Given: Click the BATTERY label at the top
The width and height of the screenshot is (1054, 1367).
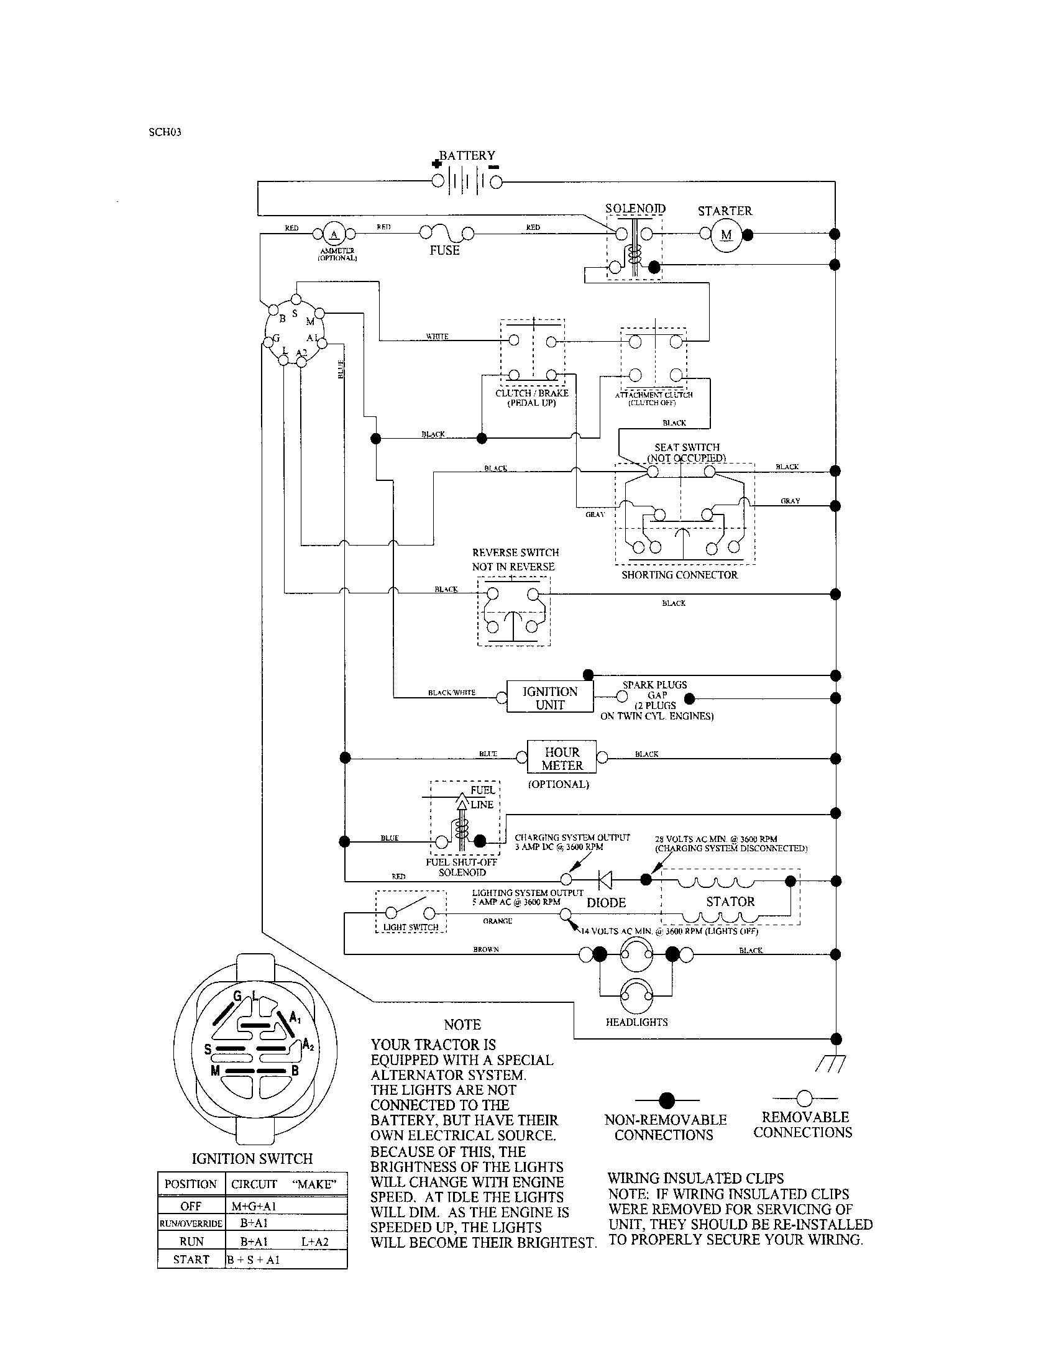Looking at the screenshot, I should [x=466, y=155].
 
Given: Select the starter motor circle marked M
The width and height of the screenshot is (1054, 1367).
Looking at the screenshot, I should [x=726, y=235].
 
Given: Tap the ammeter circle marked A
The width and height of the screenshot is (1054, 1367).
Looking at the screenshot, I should [x=334, y=234].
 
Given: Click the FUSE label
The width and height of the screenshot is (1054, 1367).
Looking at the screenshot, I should [x=444, y=250].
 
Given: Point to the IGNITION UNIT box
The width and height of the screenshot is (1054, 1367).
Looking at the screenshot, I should [x=549, y=698].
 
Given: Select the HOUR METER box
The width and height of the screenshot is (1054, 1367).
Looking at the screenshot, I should [x=561, y=758].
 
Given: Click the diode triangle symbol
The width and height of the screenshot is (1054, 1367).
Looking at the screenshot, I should [x=605, y=880].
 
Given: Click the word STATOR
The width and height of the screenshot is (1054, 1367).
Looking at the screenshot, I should [x=730, y=902].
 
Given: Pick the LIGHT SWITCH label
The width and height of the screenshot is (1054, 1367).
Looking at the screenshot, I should [x=411, y=927].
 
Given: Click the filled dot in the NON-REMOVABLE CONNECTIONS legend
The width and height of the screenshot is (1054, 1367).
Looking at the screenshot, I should [x=667, y=1100].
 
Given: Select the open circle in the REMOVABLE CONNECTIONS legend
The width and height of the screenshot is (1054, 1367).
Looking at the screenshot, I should [x=804, y=1098].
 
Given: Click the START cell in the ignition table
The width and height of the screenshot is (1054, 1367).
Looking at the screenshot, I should [x=191, y=1260].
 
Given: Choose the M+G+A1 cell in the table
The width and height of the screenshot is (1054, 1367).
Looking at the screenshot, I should [x=254, y=1206].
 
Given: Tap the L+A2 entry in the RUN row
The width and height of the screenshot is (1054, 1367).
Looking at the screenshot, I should [x=314, y=1242].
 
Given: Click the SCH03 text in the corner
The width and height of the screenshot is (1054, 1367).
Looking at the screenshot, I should [x=165, y=133].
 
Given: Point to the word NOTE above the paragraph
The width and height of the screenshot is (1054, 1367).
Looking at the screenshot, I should [x=462, y=1025].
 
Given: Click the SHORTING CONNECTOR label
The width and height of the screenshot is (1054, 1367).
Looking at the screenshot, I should [x=679, y=575].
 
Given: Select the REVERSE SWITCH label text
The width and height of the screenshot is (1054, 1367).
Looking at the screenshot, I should [x=515, y=552].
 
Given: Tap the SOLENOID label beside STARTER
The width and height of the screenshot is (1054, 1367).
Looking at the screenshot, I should [x=635, y=208].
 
